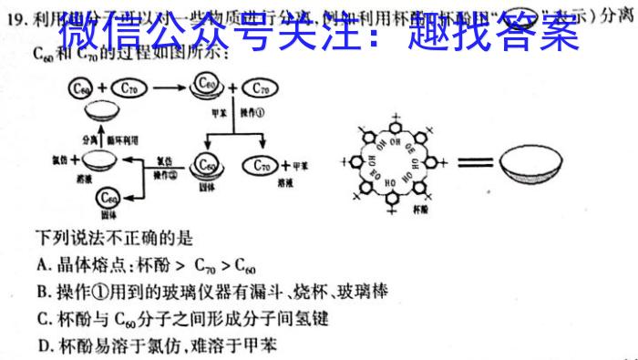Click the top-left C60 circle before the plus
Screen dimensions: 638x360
tap(81, 88)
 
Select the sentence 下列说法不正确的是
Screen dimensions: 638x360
tap(115, 239)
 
